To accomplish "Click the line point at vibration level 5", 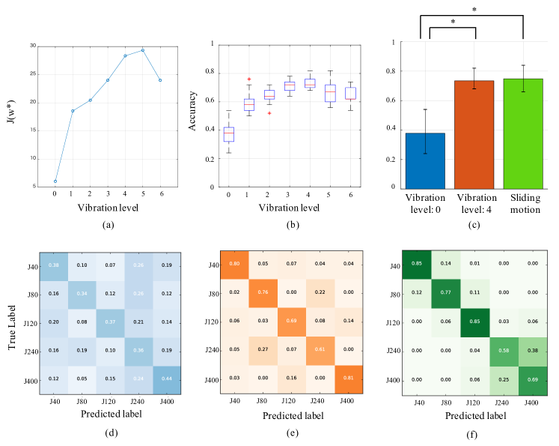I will (x=142, y=50).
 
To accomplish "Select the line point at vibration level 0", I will (x=55, y=181).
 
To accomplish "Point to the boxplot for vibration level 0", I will (x=228, y=133).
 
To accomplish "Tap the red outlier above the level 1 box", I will (x=249, y=79).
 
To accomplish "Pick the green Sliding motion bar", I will (x=522, y=133).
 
